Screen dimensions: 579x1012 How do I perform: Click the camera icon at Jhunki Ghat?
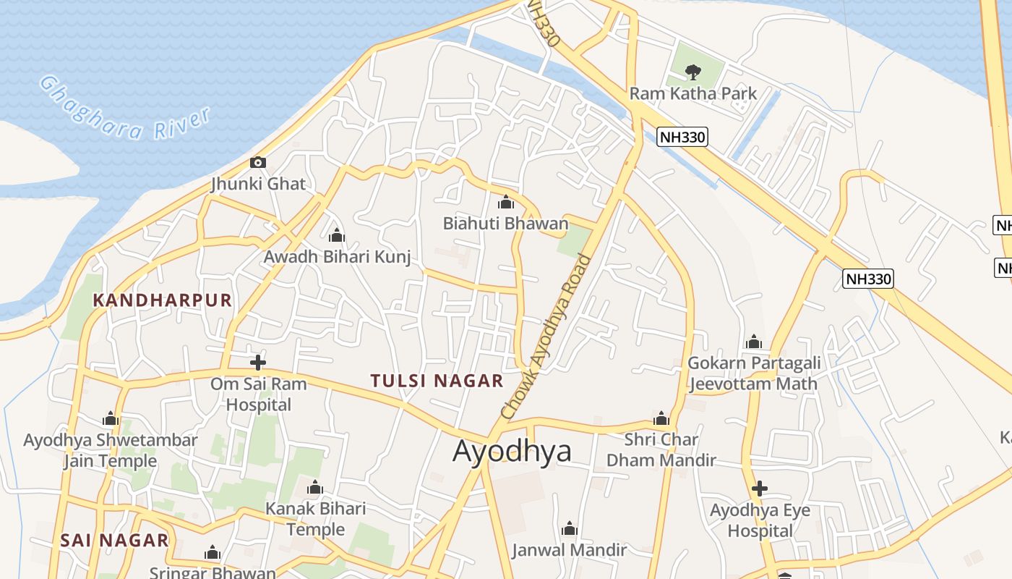[x=258, y=163]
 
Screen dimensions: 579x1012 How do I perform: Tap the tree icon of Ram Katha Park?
[x=693, y=72]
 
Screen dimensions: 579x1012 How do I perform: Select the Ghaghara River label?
[x=124, y=109]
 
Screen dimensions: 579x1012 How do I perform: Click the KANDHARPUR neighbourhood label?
[x=163, y=300]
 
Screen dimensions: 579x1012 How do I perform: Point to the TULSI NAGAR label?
[x=437, y=381]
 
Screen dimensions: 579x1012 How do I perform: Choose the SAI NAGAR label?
[x=114, y=541]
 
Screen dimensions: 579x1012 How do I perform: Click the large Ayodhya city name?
[x=512, y=451]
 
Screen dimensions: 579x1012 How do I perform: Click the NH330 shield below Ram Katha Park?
[x=682, y=137]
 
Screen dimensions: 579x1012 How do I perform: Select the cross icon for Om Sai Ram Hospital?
[x=258, y=362]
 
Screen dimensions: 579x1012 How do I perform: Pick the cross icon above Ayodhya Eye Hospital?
[x=759, y=489]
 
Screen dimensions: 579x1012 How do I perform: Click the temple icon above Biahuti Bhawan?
[x=506, y=203]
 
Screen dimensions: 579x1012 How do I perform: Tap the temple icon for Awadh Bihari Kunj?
[x=336, y=236]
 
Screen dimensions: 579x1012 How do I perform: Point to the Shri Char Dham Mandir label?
[x=661, y=449]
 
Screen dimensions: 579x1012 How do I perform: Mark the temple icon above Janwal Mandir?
[x=570, y=529]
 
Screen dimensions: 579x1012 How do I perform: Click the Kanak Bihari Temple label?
[x=316, y=519]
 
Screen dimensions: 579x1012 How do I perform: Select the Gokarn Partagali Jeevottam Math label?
[x=753, y=373]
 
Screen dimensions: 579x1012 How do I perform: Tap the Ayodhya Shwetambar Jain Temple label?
[x=110, y=450]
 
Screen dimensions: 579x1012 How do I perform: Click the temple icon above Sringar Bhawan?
[x=212, y=554]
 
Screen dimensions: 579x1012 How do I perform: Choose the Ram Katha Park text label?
[x=692, y=93]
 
